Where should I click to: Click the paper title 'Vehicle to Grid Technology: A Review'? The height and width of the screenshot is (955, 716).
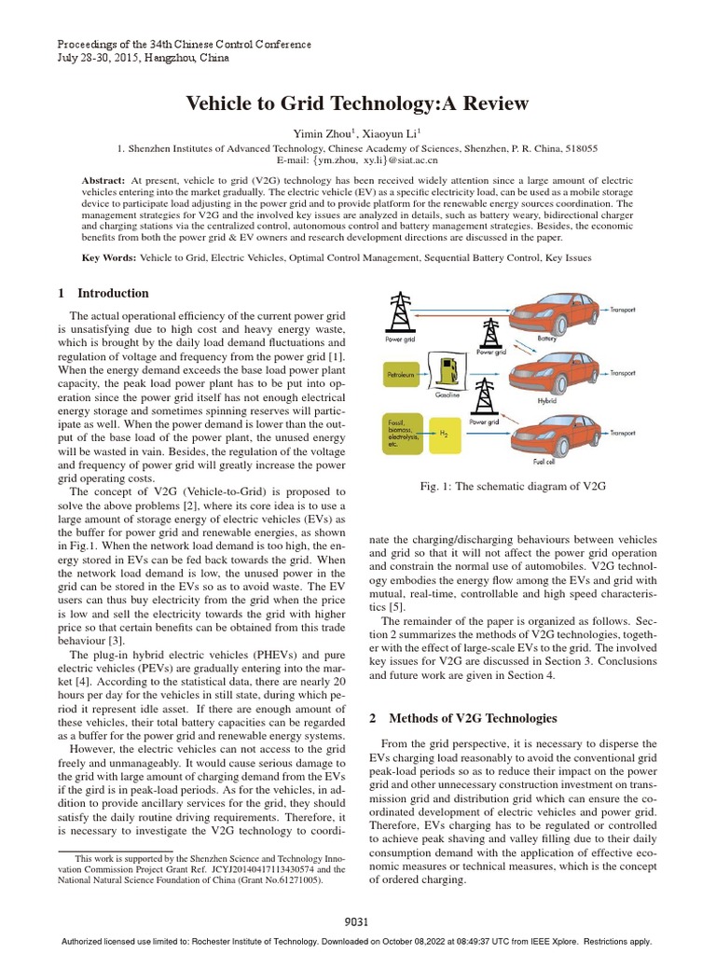[x=358, y=103]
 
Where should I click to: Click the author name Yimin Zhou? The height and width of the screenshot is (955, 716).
[x=319, y=134]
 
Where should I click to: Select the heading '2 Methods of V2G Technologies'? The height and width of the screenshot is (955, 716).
[x=463, y=718]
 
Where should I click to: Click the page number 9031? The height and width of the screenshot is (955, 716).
[x=357, y=921]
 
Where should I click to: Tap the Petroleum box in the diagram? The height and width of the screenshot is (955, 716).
[x=403, y=378]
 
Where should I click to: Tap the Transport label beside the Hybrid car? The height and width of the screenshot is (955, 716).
[x=622, y=373]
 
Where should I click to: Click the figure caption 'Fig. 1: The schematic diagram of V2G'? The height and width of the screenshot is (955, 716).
[x=515, y=486]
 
